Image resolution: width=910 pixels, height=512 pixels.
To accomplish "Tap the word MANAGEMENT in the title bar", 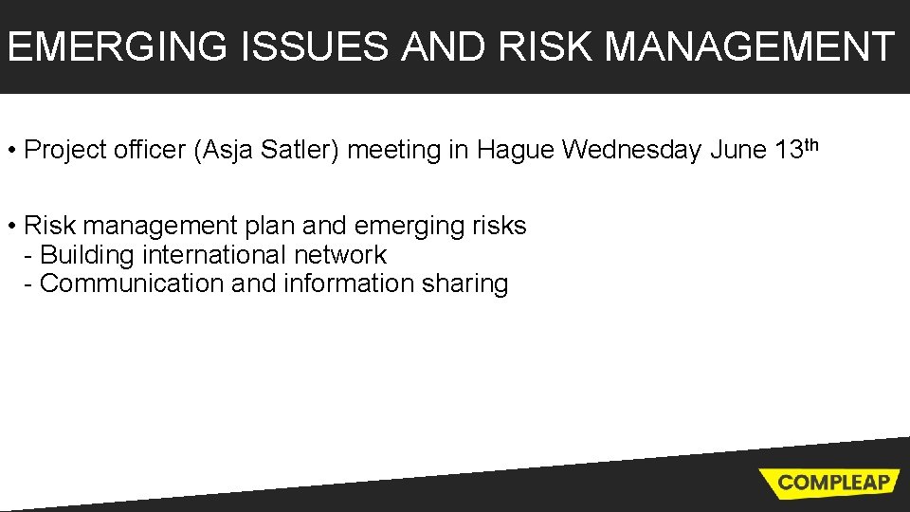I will (x=749, y=46).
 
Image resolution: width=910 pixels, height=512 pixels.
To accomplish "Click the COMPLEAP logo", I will (x=833, y=482).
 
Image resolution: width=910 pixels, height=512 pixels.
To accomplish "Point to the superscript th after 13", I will (x=809, y=144).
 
